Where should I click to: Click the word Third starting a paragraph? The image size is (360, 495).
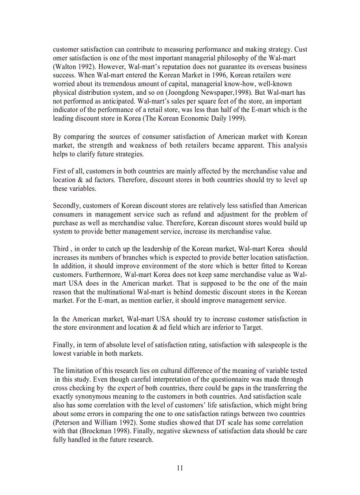coord(61,249)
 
